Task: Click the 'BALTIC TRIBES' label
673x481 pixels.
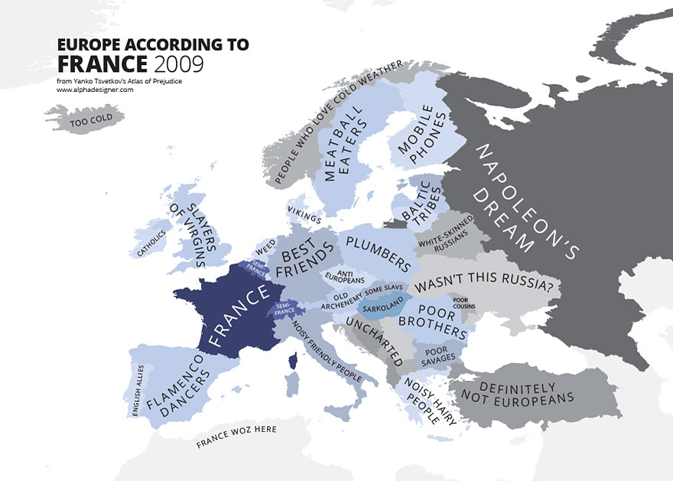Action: click(x=418, y=202)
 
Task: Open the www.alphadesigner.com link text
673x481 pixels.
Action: click(x=95, y=89)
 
